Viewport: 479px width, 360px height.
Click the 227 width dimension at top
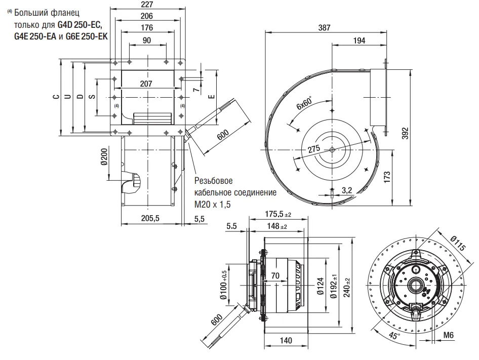click(147, 5)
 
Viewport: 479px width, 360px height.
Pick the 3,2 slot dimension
click(347, 190)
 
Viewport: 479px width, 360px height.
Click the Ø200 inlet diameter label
click(104, 157)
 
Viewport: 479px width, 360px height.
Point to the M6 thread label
click(448, 335)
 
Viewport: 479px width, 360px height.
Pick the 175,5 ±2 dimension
click(278, 214)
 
